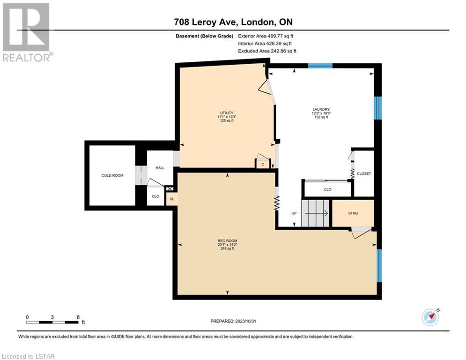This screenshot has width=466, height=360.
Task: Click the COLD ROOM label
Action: [x=112, y=175]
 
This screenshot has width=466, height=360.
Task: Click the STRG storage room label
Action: [x=353, y=213]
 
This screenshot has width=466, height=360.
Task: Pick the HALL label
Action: [x=160, y=168]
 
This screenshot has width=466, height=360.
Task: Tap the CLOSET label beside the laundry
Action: [x=364, y=173]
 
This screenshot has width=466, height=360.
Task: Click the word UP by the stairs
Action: [x=294, y=213]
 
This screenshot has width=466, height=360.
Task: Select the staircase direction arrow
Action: [x=316, y=213]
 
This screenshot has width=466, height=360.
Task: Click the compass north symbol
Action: [x=430, y=317]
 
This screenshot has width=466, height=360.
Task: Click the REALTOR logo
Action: [x=27, y=32]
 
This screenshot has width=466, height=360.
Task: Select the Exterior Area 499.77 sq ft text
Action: [x=266, y=36]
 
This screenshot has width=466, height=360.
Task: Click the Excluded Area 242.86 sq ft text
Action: [x=267, y=51]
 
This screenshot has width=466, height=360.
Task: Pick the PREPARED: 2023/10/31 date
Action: [x=233, y=321]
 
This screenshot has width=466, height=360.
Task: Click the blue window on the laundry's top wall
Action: [x=320, y=66]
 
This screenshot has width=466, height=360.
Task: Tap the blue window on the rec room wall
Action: [x=379, y=265]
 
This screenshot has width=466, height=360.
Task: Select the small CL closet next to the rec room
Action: [x=172, y=199]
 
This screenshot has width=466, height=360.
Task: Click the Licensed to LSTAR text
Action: [x=28, y=356]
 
